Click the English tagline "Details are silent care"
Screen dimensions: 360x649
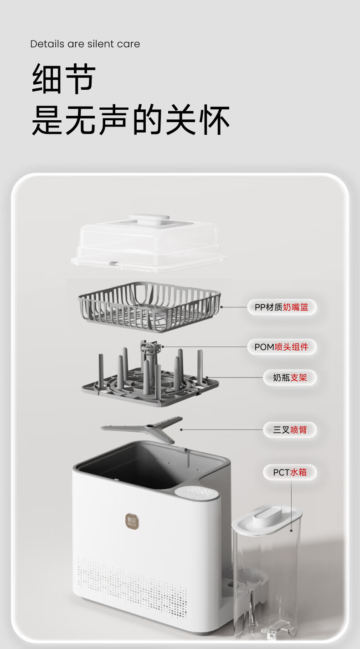click(x=85, y=44)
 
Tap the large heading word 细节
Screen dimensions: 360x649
click(x=64, y=79)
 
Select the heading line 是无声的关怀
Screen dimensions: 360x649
click(x=131, y=120)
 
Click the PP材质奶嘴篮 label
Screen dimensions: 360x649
click(x=282, y=307)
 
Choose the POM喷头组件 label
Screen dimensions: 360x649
click(x=282, y=347)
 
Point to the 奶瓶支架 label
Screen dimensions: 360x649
click(x=290, y=378)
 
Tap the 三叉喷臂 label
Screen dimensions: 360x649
click(x=290, y=429)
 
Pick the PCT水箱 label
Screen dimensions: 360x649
click(x=290, y=472)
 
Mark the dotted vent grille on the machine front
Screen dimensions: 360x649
click(x=132, y=578)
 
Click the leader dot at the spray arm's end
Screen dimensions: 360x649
click(x=181, y=429)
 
